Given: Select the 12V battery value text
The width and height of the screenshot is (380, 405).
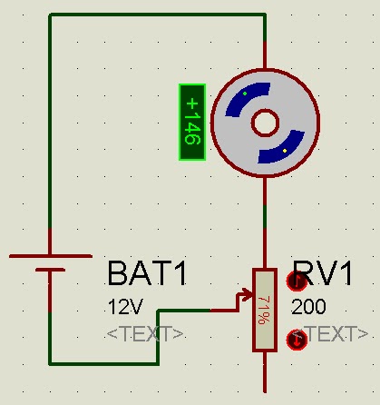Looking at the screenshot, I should point(124,307).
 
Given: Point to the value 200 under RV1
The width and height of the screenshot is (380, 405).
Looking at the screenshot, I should point(307,307).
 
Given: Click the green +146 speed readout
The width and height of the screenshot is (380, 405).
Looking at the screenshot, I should point(191,123).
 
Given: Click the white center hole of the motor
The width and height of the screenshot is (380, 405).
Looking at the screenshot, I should point(265,123).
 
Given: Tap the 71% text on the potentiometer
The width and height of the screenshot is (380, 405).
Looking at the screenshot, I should point(264,311).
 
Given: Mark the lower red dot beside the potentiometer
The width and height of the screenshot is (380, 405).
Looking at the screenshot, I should point(296,340).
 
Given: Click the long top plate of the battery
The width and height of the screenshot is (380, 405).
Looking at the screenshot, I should point(50,256).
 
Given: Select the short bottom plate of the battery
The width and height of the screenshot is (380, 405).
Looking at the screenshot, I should point(50,271).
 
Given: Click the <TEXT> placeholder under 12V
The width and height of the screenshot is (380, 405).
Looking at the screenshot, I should point(145,334).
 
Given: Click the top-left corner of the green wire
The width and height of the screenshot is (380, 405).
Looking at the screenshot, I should point(50,15).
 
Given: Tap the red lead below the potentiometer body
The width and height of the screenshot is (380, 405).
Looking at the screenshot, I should point(264,372).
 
